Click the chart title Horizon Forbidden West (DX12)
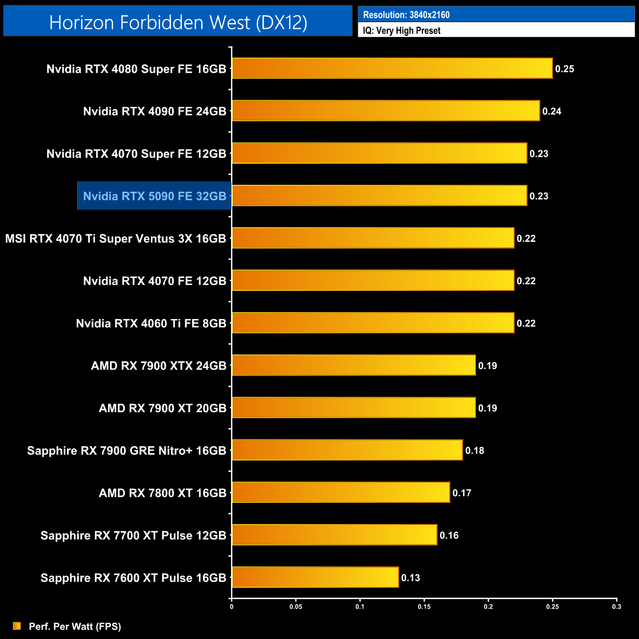tap(178, 22)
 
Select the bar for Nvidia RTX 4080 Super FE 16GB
tap(392, 68)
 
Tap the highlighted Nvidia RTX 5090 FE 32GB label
tap(154, 196)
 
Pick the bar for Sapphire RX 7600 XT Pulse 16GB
tap(315, 577)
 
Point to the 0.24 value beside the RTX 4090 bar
tap(552, 112)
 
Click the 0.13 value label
tap(410, 578)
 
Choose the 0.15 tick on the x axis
tap(424, 607)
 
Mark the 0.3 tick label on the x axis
tap(616, 607)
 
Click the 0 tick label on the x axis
tap(232, 607)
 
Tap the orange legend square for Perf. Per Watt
tap(17, 626)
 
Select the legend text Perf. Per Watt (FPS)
tap(75, 626)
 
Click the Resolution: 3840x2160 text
tap(406, 15)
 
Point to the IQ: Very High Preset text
tap(402, 30)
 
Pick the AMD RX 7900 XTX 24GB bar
tap(354, 365)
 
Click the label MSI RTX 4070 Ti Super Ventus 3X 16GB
tap(116, 239)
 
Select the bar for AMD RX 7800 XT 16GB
tap(341, 493)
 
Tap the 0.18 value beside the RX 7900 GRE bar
tap(474, 451)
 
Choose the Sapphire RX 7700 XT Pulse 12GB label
tap(133, 535)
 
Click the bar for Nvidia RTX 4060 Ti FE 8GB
tap(373, 323)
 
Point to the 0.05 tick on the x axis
tap(296, 607)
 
